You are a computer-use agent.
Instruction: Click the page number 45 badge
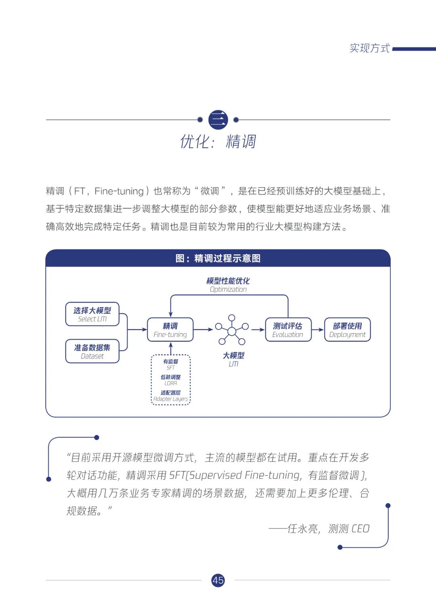coord(218,580)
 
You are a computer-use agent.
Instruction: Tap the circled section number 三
coord(218,120)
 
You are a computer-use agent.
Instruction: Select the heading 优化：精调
coord(218,142)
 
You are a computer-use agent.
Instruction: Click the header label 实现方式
coord(369,48)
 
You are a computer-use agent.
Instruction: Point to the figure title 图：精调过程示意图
coord(218,258)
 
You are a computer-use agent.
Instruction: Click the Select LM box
coord(92,314)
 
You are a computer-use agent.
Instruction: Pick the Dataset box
coord(92,351)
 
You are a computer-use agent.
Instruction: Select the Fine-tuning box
coord(170,330)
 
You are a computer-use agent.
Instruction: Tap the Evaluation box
coord(288,330)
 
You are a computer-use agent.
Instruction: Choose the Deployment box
coord(347,330)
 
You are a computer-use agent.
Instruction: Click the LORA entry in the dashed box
coord(171,380)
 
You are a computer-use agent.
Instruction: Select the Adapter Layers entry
coord(171,396)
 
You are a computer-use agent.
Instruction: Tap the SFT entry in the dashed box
coord(171,364)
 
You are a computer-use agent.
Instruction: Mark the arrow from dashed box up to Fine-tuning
coord(171,348)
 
